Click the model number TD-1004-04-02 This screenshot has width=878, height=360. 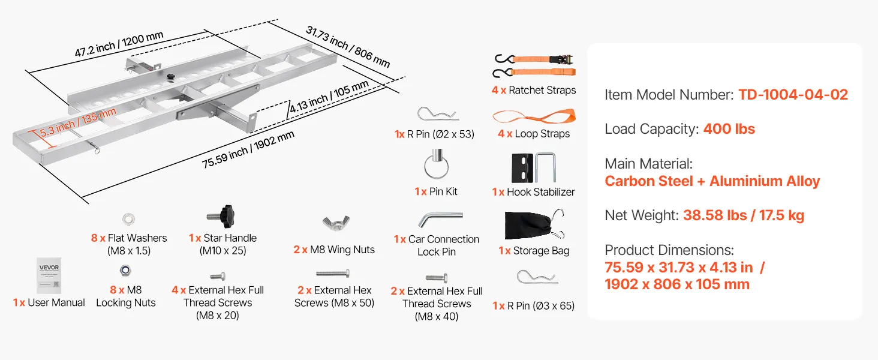pyautogui.click(x=793, y=94)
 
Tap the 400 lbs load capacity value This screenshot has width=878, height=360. pyautogui.click(x=729, y=129)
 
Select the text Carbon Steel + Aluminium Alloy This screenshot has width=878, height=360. pyautogui.click(x=712, y=181)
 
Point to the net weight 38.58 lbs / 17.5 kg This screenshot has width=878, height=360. pyautogui.click(x=743, y=215)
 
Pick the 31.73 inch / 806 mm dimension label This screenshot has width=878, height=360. pyautogui.click(x=348, y=46)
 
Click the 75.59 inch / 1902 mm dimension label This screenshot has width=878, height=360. pyautogui.click(x=248, y=150)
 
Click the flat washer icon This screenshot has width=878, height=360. pyautogui.click(x=128, y=219)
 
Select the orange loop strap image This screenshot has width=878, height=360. pyautogui.click(x=533, y=115)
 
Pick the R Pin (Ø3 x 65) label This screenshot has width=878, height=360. pyautogui.click(x=533, y=306)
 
